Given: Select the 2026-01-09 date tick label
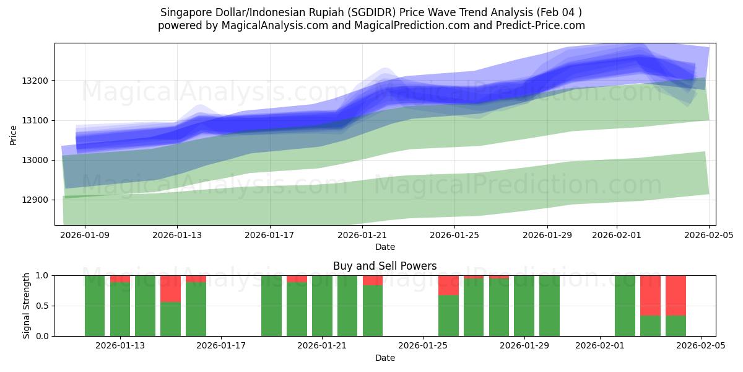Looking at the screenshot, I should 85,235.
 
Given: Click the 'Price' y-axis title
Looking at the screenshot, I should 14,134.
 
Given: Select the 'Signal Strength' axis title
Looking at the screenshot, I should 26,306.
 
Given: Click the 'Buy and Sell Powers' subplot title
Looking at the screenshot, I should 385,266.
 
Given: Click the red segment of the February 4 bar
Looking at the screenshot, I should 676,295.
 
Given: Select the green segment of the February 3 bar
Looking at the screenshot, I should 650,325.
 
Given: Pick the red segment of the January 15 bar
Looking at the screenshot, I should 170,288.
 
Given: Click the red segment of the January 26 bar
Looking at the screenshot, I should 448,285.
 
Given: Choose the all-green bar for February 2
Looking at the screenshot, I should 625,306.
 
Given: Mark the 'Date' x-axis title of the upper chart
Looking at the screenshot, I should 385,247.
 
